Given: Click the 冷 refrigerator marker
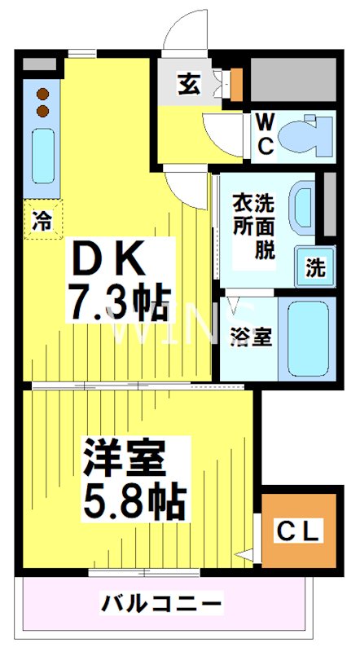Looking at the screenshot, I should pyautogui.click(x=42, y=219).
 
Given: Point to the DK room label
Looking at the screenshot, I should pyautogui.click(x=109, y=262).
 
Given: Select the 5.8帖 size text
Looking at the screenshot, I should pyautogui.click(x=134, y=502).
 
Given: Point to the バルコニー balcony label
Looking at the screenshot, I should pyautogui.click(x=162, y=604).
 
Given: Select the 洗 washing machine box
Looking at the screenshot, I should pyautogui.click(x=314, y=266).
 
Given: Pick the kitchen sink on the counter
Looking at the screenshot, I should pyautogui.click(x=42, y=153).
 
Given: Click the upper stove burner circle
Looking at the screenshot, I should pyautogui.click(x=42, y=91).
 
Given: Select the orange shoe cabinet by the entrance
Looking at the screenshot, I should pyautogui.click(x=237, y=81).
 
